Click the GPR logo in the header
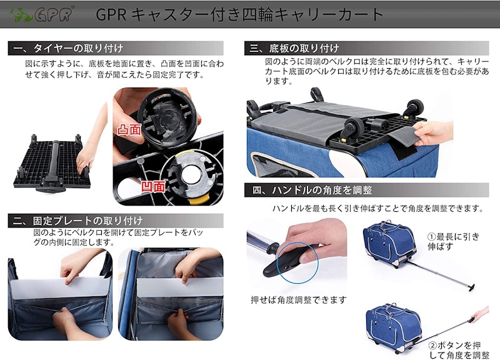click(x=41, y=14)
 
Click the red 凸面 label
click(x=129, y=130)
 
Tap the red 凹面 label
click(x=153, y=186)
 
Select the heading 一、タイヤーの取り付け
click(x=69, y=49)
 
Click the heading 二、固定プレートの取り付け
click(x=78, y=221)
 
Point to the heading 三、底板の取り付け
click(x=294, y=49)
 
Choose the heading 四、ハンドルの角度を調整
click(x=312, y=190)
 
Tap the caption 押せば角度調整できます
click(x=299, y=300)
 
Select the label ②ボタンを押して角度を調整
click(x=459, y=350)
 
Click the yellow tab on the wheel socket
click(x=197, y=201)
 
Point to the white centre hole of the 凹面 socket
click(x=191, y=175)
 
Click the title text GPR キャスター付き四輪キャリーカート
click(x=239, y=14)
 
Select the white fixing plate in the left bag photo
click(x=61, y=289)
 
